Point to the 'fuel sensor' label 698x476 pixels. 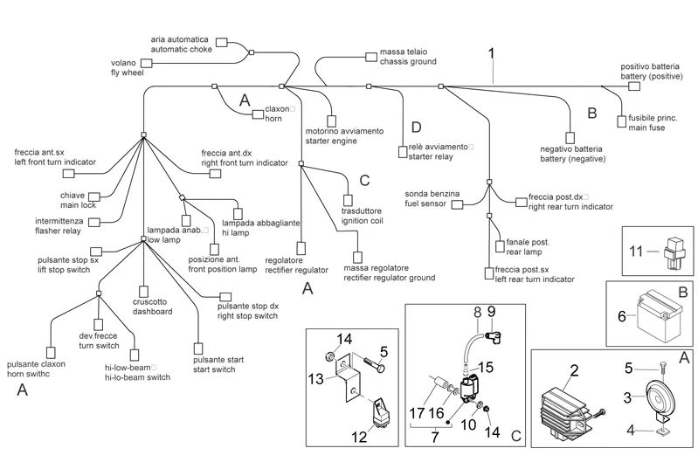pyautogui.click(x=425, y=204)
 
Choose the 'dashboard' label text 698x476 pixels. pyautogui.click(x=152, y=311)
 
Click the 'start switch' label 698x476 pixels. pyautogui.click(x=213, y=369)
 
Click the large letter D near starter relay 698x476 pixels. pyautogui.click(x=416, y=128)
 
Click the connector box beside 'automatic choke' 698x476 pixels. pyautogui.click(x=221, y=42)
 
